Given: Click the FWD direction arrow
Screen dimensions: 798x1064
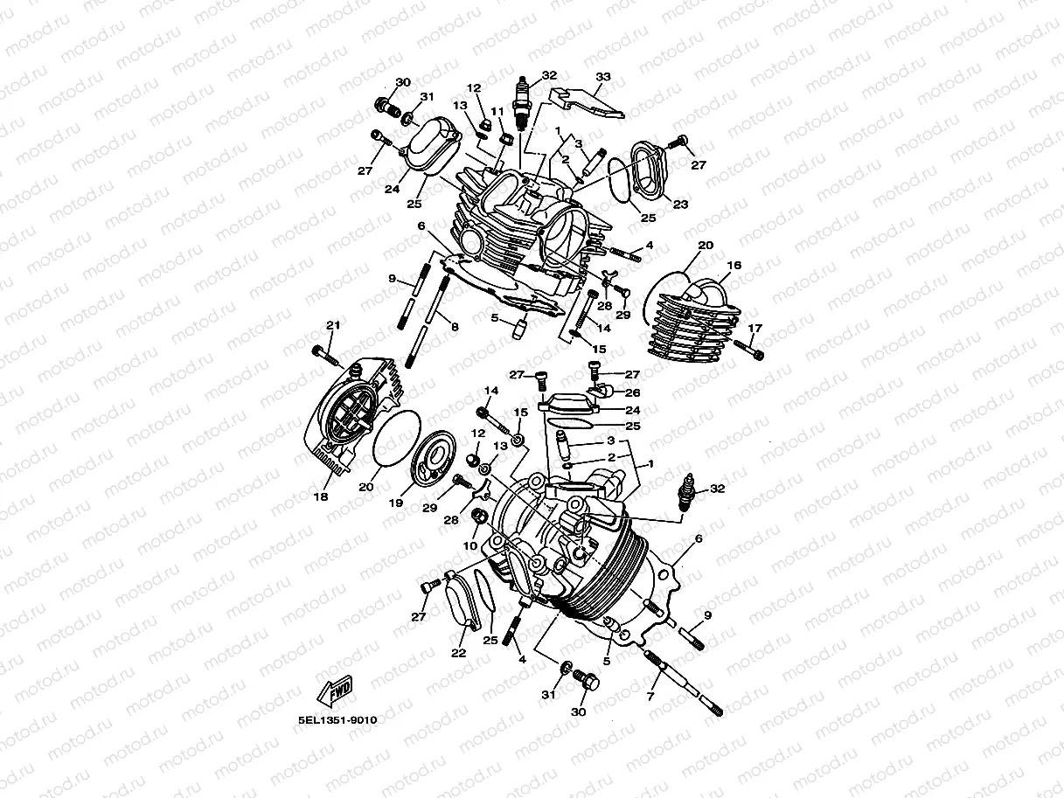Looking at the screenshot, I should click(x=337, y=692).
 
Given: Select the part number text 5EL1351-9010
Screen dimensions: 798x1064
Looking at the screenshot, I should click(x=337, y=721).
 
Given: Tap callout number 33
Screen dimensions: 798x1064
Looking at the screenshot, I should click(x=602, y=77).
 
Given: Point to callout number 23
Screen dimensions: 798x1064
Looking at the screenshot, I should click(x=679, y=205).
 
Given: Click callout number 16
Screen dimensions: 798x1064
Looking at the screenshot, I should click(x=734, y=265).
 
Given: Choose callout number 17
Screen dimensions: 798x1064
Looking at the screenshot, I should click(x=755, y=329).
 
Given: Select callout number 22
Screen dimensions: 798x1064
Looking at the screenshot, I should click(x=458, y=652).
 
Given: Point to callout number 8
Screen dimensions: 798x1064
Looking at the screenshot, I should click(x=455, y=326).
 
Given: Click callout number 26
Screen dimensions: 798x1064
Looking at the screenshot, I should click(x=633, y=393).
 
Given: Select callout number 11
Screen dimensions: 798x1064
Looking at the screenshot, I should click(x=497, y=112).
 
